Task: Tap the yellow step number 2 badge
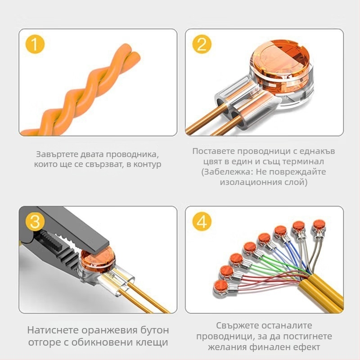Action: click(x=202, y=45)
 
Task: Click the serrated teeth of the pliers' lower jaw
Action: click(x=58, y=261)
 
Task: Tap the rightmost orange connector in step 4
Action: click(x=319, y=225)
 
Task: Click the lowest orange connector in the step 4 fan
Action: click(x=220, y=285)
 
